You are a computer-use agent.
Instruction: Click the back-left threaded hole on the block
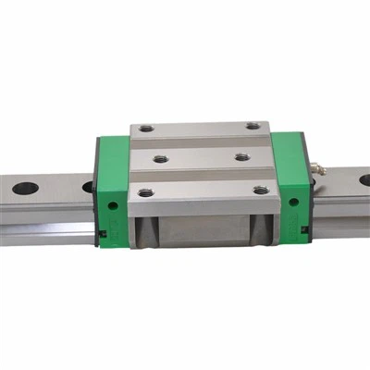click(x=146, y=128)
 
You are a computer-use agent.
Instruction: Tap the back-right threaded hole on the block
click(x=253, y=126)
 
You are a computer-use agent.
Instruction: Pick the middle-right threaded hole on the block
click(x=241, y=156)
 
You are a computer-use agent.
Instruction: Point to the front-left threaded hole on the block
click(x=145, y=192)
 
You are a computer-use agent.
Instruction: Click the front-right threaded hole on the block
click(x=261, y=191)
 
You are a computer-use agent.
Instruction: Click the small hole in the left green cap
click(x=113, y=202)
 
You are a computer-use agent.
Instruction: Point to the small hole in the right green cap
click(x=293, y=201)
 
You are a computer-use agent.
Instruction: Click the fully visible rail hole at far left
click(x=25, y=189)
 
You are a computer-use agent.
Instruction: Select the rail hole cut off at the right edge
click(x=364, y=179)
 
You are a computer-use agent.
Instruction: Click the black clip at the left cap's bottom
click(x=103, y=233)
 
